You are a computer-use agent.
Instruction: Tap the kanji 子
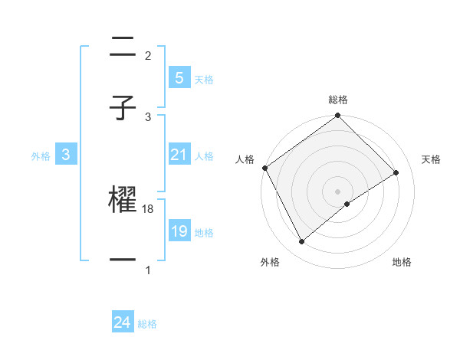tap(123, 109)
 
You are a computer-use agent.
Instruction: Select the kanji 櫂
tap(123, 201)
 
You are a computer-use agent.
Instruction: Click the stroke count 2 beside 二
tap(148, 56)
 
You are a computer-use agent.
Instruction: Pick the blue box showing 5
tap(179, 77)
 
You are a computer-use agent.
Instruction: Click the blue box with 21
tap(179, 155)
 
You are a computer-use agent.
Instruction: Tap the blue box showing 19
tap(179, 231)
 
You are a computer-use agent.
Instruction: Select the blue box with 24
tap(122, 322)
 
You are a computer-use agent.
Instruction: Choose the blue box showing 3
tap(66, 155)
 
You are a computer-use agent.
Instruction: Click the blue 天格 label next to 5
tap(204, 80)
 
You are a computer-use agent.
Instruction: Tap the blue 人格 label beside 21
tap(204, 156)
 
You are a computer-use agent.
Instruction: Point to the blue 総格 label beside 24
tap(147, 324)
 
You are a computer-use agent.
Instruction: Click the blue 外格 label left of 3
tap(41, 156)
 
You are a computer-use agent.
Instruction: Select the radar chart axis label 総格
tap(338, 100)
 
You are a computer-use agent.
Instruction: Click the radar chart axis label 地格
tap(402, 262)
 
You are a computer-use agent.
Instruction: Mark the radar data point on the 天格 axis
tap(396, 173)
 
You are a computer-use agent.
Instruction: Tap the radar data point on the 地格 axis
tap(347, 204)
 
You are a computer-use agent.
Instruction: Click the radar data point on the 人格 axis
tap(264, 168)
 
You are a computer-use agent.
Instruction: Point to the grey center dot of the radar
tap(338, 191)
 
